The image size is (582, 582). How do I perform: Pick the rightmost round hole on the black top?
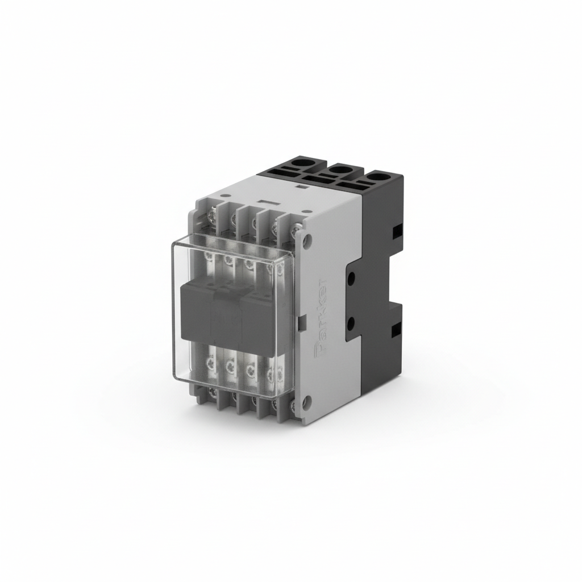[377, 179]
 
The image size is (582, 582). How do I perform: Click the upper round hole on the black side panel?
[351, 278]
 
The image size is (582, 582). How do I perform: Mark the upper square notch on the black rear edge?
[396, 231]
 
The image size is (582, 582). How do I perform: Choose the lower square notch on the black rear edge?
[396, 328]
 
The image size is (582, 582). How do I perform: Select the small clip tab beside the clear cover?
[302, 322]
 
